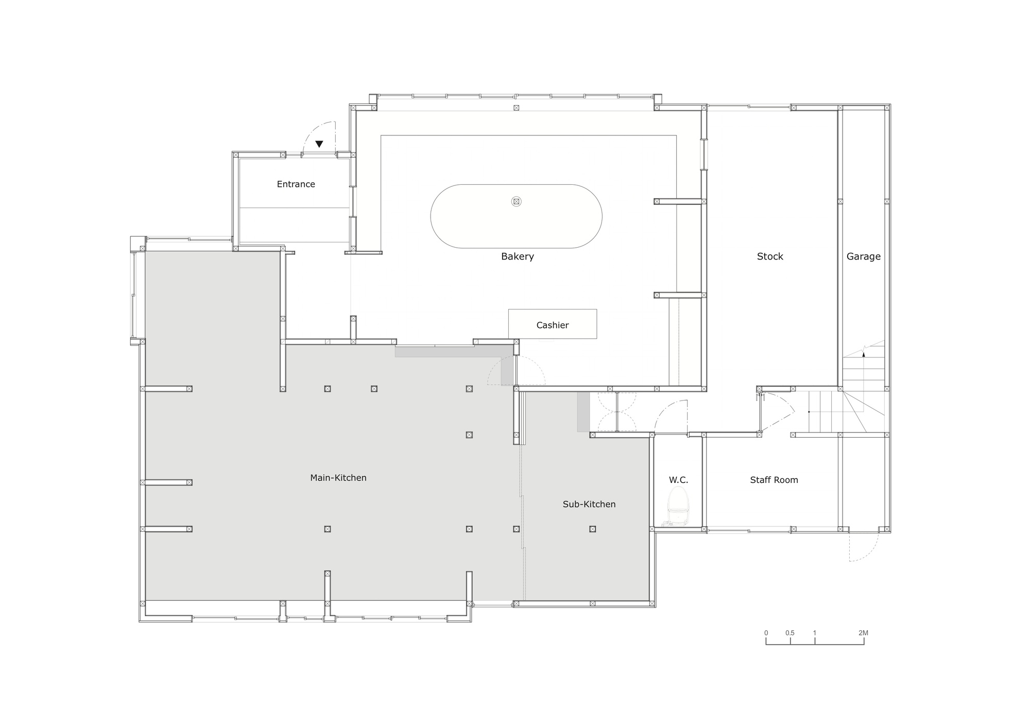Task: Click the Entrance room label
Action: [x=296, y=184]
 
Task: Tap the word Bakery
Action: [x=518, y=256]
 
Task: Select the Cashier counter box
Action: [x=553, y=324]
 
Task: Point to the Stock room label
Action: [x=770, y=256]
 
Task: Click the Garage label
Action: [x=864, y=256]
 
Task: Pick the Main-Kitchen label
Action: [x=338, y=478]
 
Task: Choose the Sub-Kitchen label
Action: [x=589, y=504]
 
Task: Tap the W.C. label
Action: [x=678, y=480]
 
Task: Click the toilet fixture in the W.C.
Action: [x=678, y=507]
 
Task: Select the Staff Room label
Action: [x=774, y=480]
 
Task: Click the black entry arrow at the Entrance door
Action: [x=319, y=144]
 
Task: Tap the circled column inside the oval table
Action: [x=516, y=202]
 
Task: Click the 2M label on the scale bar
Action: [x=863, y=633]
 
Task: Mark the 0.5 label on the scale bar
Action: [x=790, y=633]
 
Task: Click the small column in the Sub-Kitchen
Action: [x=593, y=529]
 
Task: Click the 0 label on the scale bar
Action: [x=766, y=633]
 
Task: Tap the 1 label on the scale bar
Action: [x=815, y=633]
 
